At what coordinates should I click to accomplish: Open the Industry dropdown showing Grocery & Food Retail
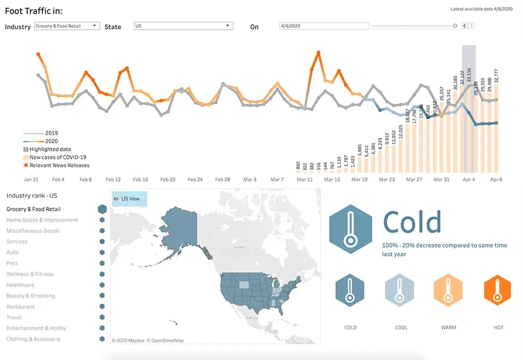coord(66,26)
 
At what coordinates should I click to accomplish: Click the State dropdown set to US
coord(183,26)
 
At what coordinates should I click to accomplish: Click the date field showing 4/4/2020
coord(324,26)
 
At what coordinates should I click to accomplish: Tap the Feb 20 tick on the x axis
coord(168,179)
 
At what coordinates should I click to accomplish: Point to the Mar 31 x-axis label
coord(441,179)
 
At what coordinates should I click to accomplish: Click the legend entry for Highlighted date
coord(50,149)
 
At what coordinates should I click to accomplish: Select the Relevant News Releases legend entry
coord(59,165)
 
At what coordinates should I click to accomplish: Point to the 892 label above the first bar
coord(298,166)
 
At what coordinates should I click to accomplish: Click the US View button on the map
coord(129,199)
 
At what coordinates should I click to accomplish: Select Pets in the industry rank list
coord(12,263)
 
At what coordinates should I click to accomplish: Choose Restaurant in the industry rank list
coord(21,307)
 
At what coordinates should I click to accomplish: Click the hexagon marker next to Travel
coord(102,317)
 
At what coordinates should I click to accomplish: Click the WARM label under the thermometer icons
coord(448,328)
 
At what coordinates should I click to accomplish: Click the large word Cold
coord(412,222)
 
